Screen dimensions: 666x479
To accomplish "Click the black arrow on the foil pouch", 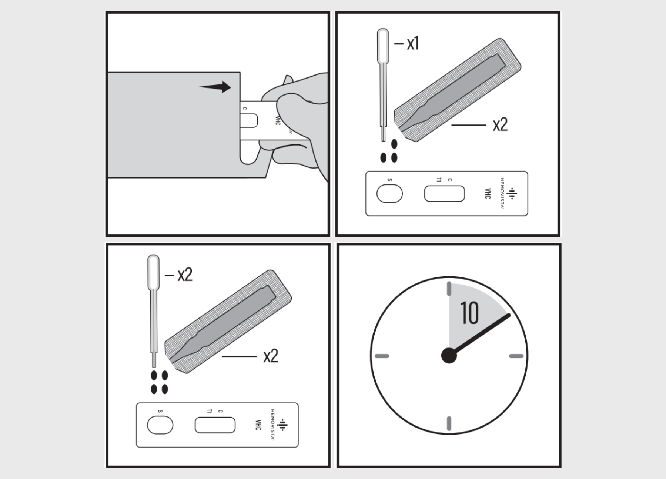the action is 215,87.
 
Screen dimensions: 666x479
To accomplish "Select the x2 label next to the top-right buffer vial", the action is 500,125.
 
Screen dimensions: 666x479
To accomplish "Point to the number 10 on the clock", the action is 470,313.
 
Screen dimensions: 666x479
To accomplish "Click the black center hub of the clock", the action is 449,356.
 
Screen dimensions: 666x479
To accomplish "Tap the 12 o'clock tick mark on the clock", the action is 449,289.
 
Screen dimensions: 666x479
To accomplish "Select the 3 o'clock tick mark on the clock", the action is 516,356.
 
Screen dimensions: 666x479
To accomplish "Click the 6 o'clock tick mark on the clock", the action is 449,423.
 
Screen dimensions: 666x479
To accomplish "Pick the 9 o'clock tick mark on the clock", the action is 382,356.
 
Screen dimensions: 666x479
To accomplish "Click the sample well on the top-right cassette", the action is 389,194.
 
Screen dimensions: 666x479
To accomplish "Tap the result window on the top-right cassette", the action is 444,194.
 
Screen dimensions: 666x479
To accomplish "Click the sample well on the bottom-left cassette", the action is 160,425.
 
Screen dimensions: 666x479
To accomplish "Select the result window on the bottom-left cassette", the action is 215,425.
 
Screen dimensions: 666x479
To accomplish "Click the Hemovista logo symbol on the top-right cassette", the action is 512,193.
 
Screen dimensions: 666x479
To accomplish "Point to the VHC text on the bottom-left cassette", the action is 258,425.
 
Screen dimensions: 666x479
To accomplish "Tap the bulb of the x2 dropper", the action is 153,272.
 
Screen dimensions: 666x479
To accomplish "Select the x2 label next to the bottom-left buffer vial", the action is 271,356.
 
